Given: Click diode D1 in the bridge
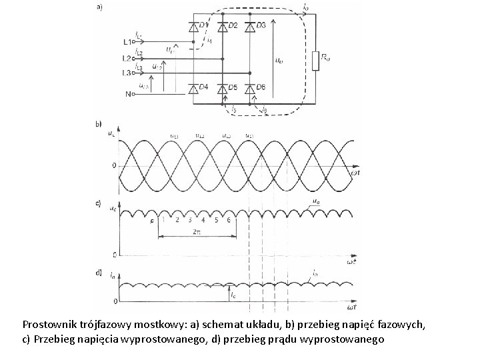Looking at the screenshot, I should pyautogui.click(x=194, y=27).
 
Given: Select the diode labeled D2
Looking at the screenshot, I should pyautogui.click(x=223, y=27).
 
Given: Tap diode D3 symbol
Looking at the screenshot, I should pyautogui.click(x=250, y=27).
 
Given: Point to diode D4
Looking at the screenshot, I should pyautogui.click(x=194, y=88).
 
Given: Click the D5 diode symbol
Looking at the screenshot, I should pyautogui.click(x=223, y=88).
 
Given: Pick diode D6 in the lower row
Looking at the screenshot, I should pyautogui.click(x=250, y=88).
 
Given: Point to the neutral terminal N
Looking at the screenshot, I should pyautogui.click(x=128, y=94).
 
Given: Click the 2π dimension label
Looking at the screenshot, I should pyautogui.click(x=195, y=231).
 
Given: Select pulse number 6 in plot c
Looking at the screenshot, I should pyautogui.click(x=228, y=220).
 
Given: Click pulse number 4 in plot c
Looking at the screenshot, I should pyautogui.click(x=203, y=220).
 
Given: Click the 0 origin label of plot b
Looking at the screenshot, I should pyautogui.click(x=115, y=165).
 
